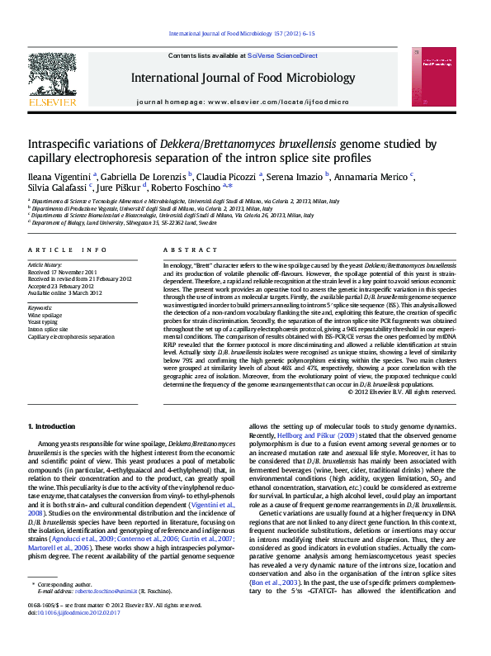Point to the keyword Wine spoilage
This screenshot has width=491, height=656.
(x=45, y=316)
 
